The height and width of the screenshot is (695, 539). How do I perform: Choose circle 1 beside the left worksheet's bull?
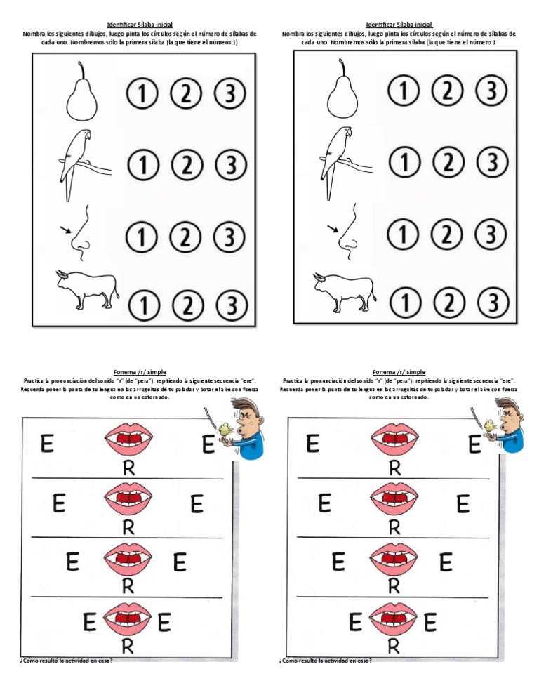(x=142, y=305)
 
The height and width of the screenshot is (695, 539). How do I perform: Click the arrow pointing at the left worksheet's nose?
(x=65, y=230)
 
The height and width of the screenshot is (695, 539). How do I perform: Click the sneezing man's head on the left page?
(x=242, y=416)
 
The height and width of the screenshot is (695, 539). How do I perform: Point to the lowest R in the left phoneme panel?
(x=128, y=648)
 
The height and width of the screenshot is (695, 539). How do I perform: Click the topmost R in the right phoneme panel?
(x=395, y=466)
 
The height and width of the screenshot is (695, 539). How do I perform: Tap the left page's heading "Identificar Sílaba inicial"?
(x=140, y=25)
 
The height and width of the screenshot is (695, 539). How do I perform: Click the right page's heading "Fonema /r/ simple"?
(x=399, y=372)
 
